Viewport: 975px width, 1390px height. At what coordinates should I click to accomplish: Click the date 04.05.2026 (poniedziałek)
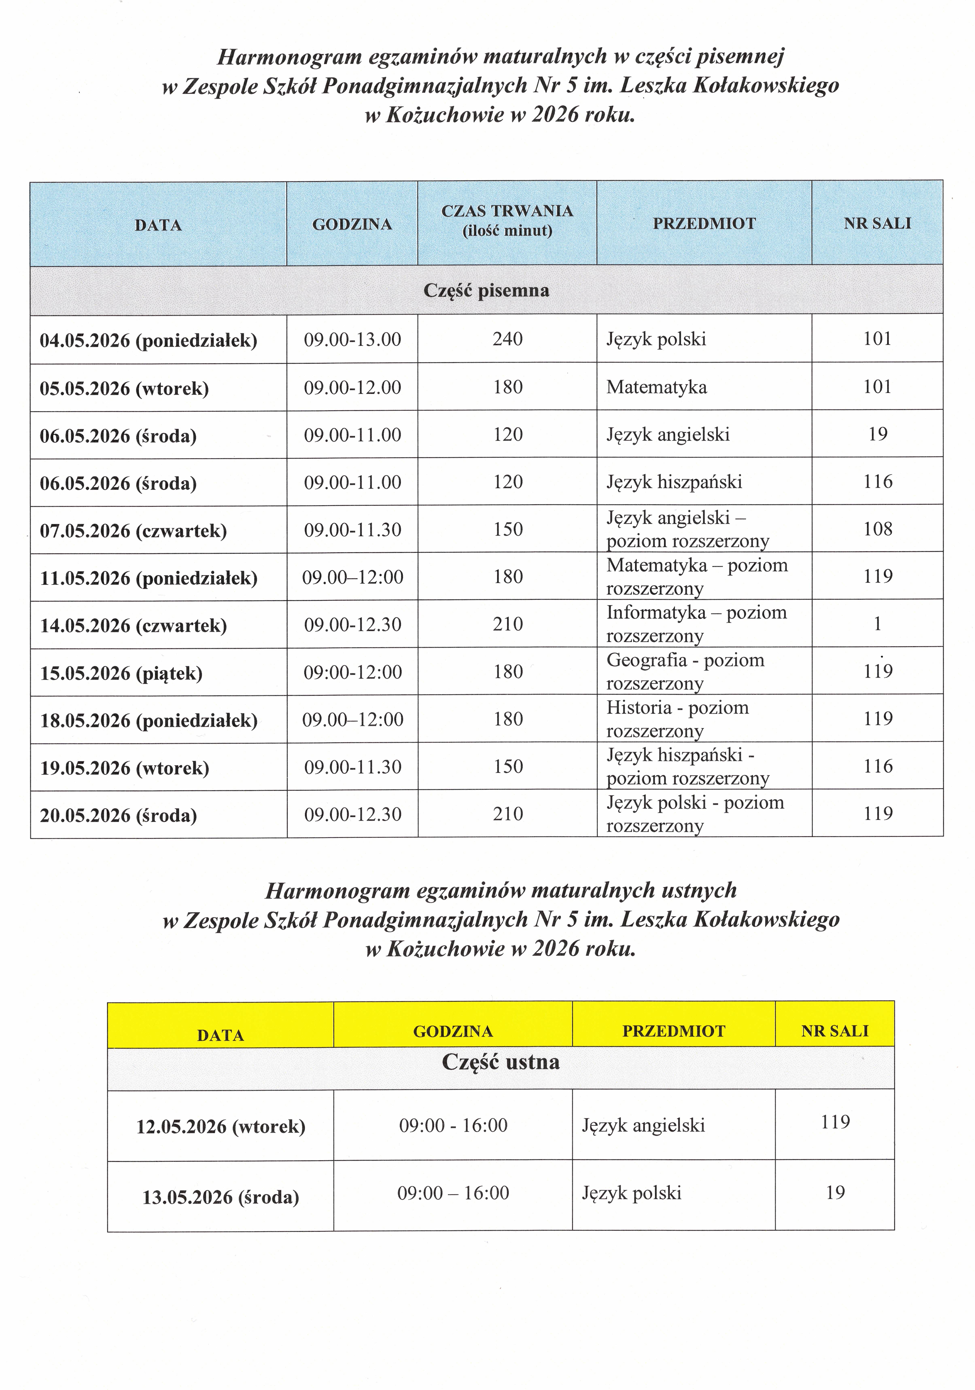[148, 340]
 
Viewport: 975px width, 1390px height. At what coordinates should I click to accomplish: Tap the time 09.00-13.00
[352, 339]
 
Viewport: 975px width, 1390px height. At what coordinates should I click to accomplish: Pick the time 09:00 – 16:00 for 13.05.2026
[453, 1193]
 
